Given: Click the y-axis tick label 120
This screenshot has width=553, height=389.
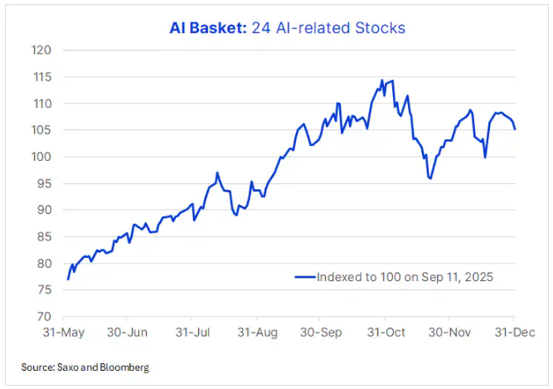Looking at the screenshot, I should pos(42,50).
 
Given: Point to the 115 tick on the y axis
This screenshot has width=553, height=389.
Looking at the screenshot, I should pos(42,76).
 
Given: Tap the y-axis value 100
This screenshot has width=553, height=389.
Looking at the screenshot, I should pos(42,157).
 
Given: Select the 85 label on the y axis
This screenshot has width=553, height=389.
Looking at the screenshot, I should pos(45,236).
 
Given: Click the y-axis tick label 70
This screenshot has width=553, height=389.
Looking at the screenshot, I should pos(45,317).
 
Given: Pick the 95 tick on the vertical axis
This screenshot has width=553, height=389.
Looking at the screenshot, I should pos(45,183).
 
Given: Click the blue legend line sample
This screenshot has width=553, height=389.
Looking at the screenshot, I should pos(304,277).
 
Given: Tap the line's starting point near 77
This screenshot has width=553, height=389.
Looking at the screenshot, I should pos(68,279).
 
